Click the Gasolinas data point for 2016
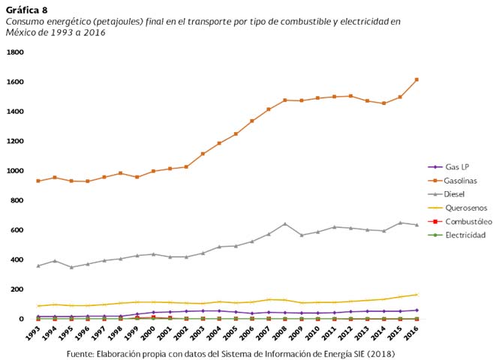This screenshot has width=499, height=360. [417, 79]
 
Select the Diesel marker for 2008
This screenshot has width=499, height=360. [285, 223]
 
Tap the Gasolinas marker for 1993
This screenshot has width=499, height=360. [38, 181]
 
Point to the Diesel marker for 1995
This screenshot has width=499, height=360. [71, 267]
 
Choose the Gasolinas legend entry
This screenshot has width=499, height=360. [461, 180]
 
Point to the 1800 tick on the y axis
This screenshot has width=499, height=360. [15, 52]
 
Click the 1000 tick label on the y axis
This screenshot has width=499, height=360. [15, 171]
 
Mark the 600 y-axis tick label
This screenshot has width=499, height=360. [17, 230]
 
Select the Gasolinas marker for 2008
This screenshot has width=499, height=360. [285, 100]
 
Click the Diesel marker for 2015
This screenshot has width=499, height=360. [401, 223]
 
